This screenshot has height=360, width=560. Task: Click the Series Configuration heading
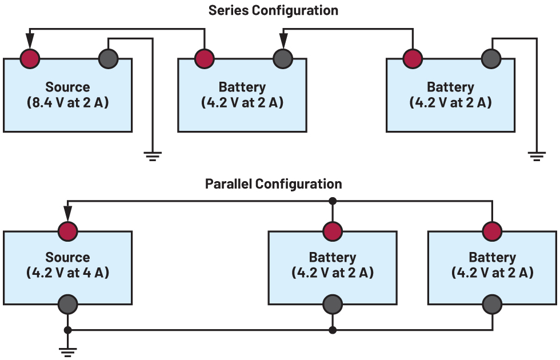pyautogui.click(x=273, y=10)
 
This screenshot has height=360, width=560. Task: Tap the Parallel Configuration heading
pyautogui.click(x=273, y=183)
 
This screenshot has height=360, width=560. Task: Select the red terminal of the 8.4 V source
pyautogui.click(x=30, y=58)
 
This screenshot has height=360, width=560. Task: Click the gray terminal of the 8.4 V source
pyautogui.click(x=108, y=58)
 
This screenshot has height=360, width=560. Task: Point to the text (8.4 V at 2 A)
pyautogui.click(x=67, y=103)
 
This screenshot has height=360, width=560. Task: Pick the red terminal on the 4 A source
pyautogui.click(x=68, y=231)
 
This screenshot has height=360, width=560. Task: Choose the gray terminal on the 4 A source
pyautogui.click(x=68, y=304)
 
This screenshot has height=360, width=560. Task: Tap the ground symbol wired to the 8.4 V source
pyautogui.click(x=152, y=156)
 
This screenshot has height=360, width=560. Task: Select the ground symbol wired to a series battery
pyautogui.click(x=535, y=156)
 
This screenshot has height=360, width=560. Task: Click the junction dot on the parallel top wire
pyautogui.click(x=333, y=201)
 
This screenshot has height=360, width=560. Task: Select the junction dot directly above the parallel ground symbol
pyautogui.click(x=68, y=330)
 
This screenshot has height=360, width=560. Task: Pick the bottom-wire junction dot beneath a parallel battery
pyautogui.click(x=333, y=330)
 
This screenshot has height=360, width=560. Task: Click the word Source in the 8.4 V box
pyautogui.click(x=67, y=87)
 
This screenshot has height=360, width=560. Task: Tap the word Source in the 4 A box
pyautogui.click(x=67, y=257)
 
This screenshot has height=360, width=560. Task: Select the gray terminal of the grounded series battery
pyautogui.click(x=491, y=58)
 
